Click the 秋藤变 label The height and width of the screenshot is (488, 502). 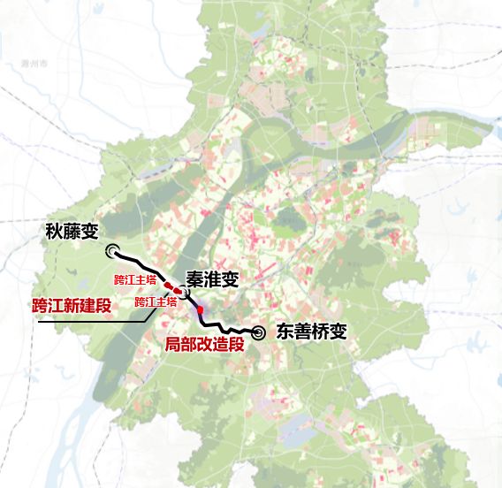[77, 232]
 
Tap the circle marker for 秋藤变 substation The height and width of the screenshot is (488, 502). [111, 250]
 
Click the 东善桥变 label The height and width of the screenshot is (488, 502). [310, 332]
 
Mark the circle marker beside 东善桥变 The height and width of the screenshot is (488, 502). [259, 332]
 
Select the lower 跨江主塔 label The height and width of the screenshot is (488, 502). [156, 301]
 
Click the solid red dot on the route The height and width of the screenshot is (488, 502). [201, 309]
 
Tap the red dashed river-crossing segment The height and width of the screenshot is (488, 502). [173, 287]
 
